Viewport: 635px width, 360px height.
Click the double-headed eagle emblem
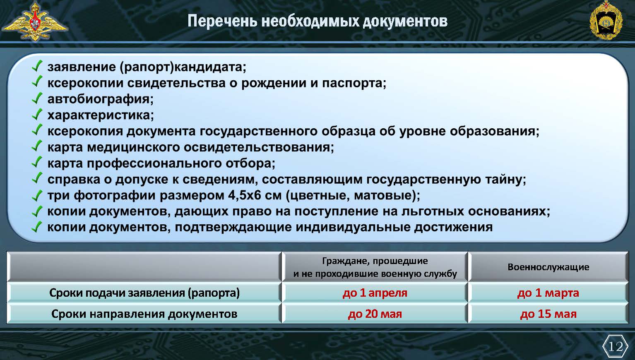(35, 21)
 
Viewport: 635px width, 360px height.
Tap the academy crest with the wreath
(606, 20)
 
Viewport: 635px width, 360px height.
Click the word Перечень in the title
(222, 21)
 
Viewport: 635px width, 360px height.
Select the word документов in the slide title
(405, 21)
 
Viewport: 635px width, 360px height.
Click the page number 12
(616, 346)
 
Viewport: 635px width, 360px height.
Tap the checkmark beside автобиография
(37, 98)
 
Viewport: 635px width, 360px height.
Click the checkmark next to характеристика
(37, 114)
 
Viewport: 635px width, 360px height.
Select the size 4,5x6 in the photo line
(244, 196)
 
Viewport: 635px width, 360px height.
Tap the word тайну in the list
(505, 180)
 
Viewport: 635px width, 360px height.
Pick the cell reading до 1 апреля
(375, 293)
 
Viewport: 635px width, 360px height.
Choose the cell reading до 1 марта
(548, 293)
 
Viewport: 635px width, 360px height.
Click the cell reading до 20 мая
(375, 314)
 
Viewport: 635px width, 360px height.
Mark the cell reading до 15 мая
(548, 314)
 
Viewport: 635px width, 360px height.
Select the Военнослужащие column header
(548, 267)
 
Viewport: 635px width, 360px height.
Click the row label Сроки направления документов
(144, 314)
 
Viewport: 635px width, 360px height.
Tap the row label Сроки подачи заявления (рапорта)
(144, 293)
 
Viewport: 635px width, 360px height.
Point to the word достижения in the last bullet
(453, 227)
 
